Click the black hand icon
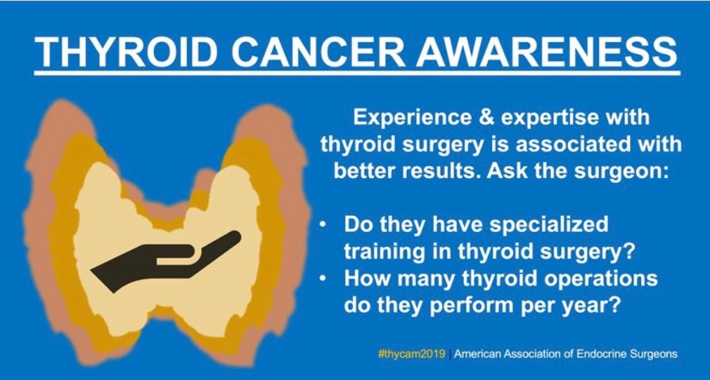tap(166, 261)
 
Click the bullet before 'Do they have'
tap(323, 225)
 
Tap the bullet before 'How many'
tap(323, 279)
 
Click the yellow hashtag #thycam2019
tap(411, 353)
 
